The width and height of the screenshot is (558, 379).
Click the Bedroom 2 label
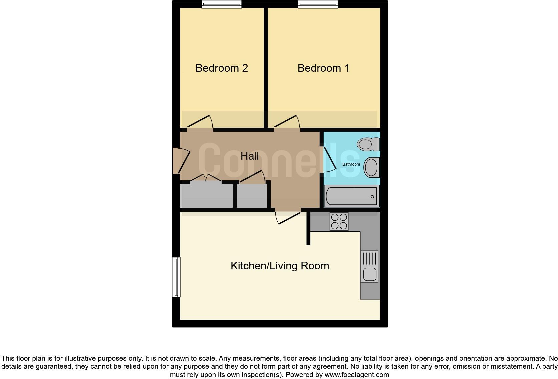(222, 68)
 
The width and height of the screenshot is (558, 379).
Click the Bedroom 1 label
(323, 68)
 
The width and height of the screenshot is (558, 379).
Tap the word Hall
(250, 156)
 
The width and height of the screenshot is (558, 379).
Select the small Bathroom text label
(351, 164)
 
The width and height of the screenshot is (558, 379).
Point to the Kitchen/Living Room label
(280, 266)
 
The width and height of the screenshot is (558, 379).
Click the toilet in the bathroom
(368, 144)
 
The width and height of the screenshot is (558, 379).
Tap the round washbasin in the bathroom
(371, 167)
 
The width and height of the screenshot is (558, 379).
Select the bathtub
(352, 196)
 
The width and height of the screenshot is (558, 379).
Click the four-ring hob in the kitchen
(339, 221)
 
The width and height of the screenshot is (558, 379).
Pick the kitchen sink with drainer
(370, 266)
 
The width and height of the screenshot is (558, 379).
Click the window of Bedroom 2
(222, 4)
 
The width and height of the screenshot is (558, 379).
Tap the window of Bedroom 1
(318, 4)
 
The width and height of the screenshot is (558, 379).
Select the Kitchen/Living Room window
(176, 277)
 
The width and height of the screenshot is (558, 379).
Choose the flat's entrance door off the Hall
(182, 161)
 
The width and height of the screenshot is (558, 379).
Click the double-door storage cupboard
(206, 195)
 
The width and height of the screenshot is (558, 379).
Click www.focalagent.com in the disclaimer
(357, 375)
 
